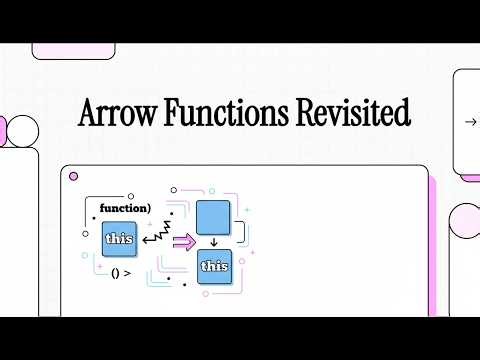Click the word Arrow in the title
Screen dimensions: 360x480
[x=113, y=113]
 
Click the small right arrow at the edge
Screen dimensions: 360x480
[x=470, y=122]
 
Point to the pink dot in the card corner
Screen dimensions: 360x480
[x=73, y=177]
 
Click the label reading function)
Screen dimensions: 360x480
[x=125, y=208]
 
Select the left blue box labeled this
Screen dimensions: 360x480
[x=120, y=239]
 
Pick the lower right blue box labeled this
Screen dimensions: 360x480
[x=215, y=266]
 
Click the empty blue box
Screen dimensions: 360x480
[x=214, y=217]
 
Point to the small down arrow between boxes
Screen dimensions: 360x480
[x=214, y=243]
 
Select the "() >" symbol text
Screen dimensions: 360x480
[x=122, y=273]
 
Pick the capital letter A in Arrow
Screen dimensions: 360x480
[x=89, y=113]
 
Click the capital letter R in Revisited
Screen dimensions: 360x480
[x=307, y=113]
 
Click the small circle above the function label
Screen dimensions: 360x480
[x=173, y=187]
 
